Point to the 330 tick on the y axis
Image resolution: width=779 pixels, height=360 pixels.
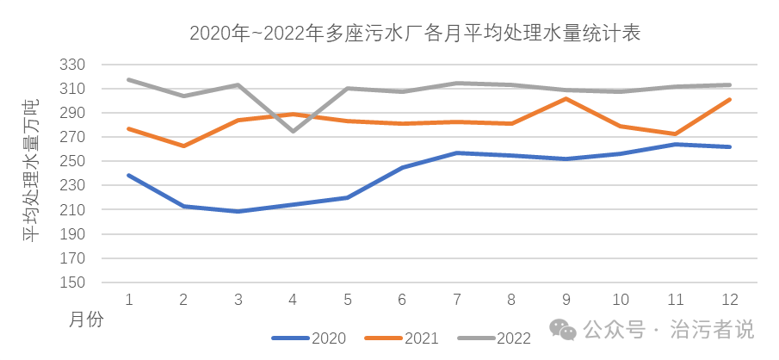coord(75,65)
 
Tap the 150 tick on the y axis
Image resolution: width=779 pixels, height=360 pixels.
coord(75,282)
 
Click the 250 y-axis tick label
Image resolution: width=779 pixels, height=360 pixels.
coord(75,161)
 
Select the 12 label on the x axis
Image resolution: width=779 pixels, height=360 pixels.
coord(730,300)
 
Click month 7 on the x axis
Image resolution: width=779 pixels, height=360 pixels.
coord(457,300)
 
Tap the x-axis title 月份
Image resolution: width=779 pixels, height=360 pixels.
coord(85,320)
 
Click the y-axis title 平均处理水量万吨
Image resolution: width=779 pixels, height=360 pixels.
coord(31,171)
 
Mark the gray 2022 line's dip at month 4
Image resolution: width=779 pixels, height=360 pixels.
coord(293,131)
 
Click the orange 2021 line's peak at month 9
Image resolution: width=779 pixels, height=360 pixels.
coord(566,98)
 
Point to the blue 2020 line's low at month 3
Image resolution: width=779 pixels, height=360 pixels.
coord(238,211)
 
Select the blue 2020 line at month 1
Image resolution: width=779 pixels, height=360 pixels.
coord(128,175)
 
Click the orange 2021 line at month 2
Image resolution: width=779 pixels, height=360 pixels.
coord(183,146)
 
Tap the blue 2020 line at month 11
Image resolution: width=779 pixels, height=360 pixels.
coord(676,144)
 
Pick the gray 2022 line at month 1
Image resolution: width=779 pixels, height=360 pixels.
coord(128,79)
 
